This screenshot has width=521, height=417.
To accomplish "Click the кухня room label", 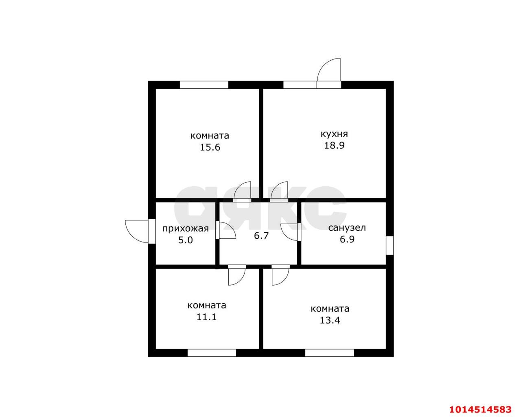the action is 334,134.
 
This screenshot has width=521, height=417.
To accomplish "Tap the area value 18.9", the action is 334,146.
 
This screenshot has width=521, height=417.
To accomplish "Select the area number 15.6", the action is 210,147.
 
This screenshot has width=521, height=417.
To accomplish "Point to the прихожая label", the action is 185,229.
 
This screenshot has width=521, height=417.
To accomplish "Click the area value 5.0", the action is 186,240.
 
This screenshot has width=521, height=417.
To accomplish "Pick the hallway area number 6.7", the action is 261,236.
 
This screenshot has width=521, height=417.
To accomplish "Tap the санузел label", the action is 347,228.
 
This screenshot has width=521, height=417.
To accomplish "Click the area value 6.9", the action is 347,239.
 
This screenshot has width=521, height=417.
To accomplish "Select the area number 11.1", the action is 206,317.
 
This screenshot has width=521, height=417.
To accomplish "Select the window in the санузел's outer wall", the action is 390,245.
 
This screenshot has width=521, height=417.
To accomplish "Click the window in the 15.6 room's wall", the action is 204,85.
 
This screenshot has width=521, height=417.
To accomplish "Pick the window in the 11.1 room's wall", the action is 212,353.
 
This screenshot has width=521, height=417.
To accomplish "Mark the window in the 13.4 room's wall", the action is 329,353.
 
